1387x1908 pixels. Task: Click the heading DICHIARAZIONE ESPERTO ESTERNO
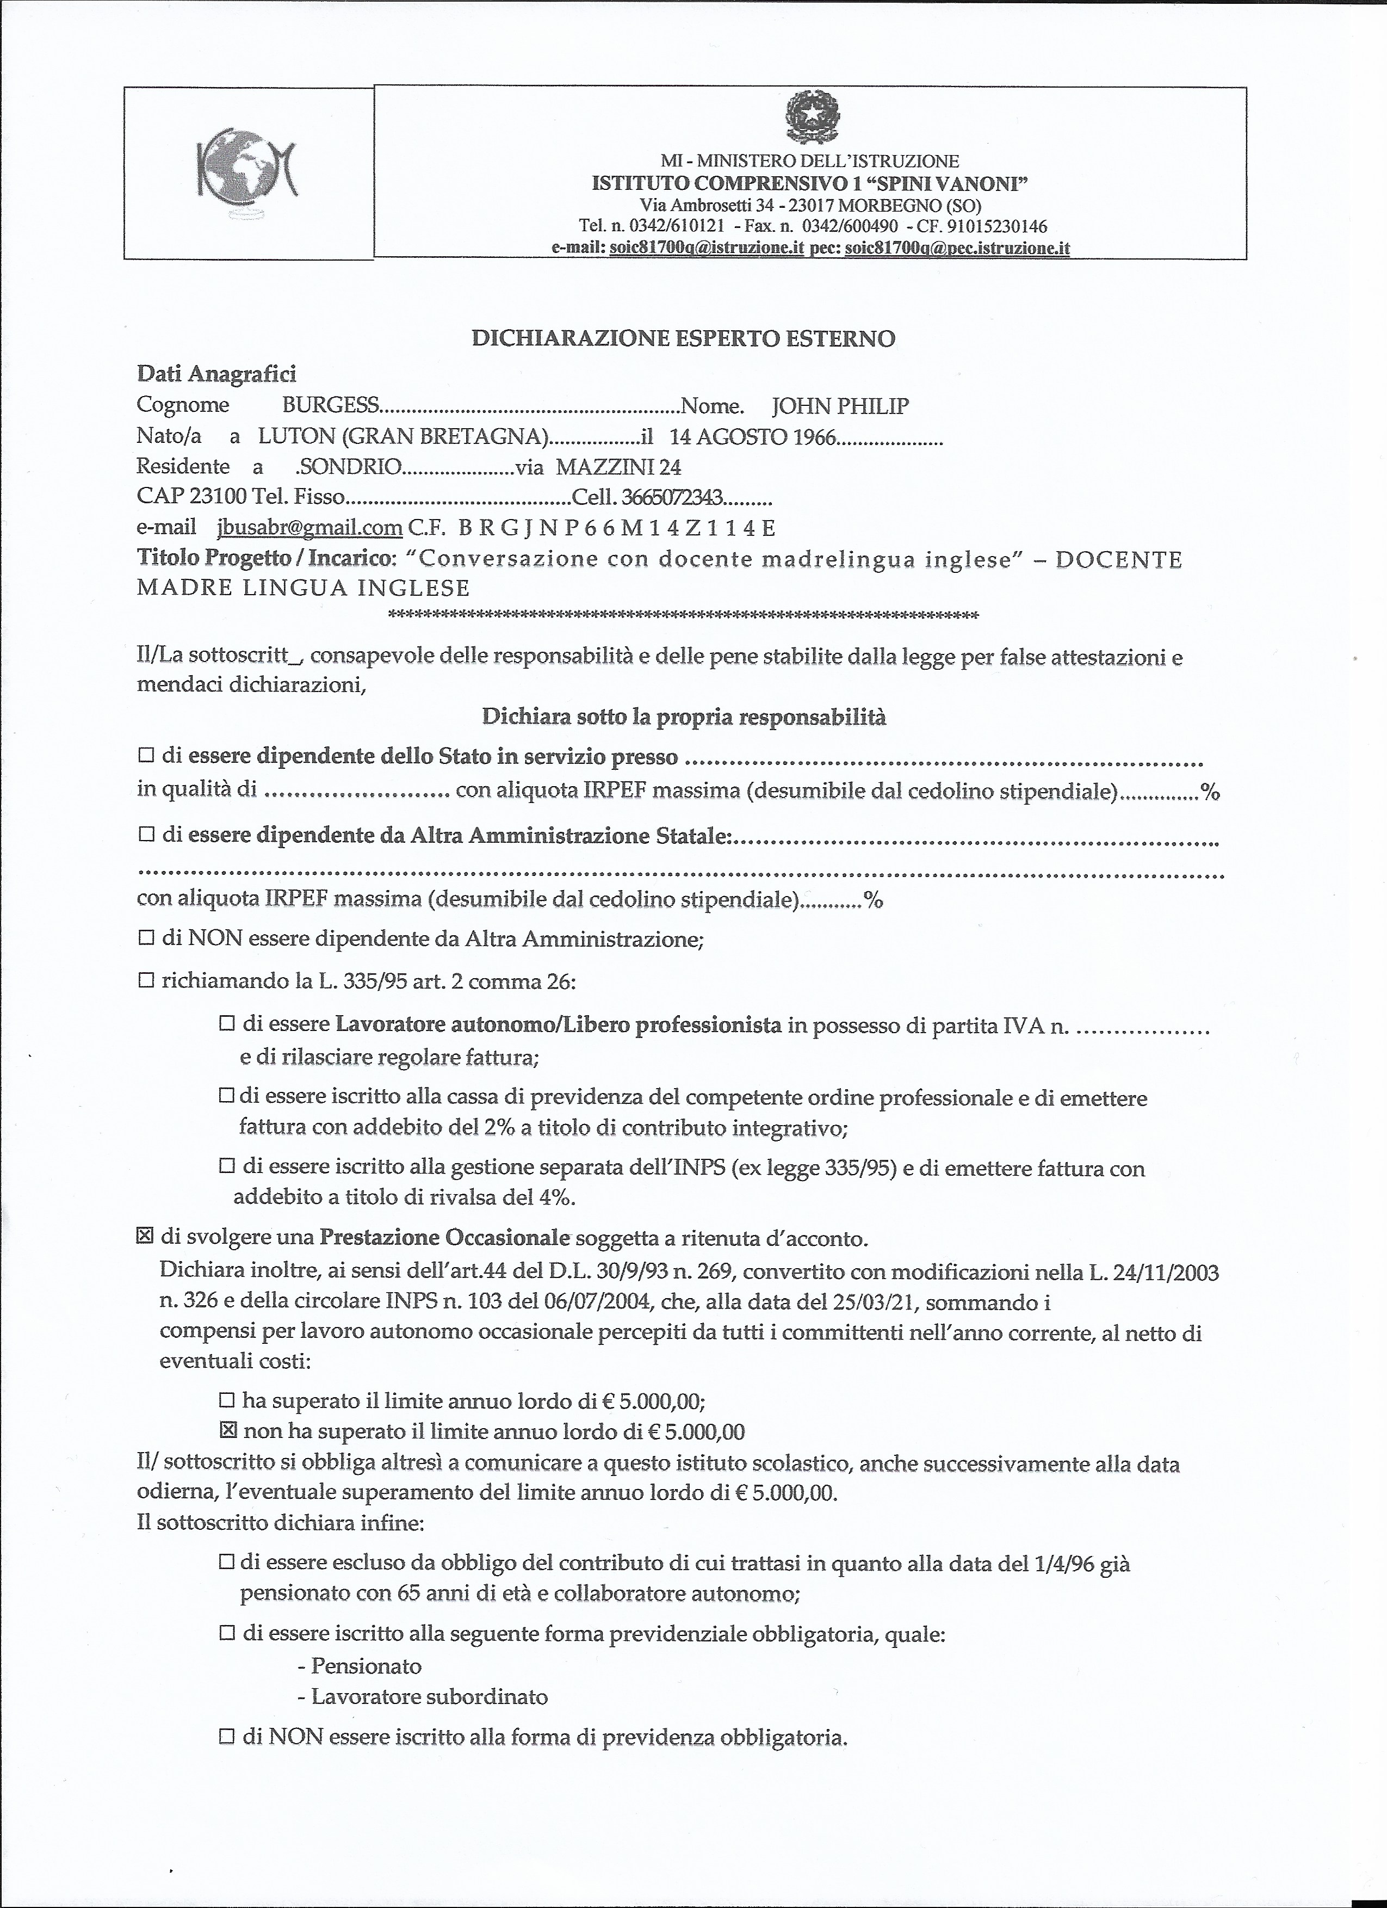[683, 338]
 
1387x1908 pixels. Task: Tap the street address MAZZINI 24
[618, 467]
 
